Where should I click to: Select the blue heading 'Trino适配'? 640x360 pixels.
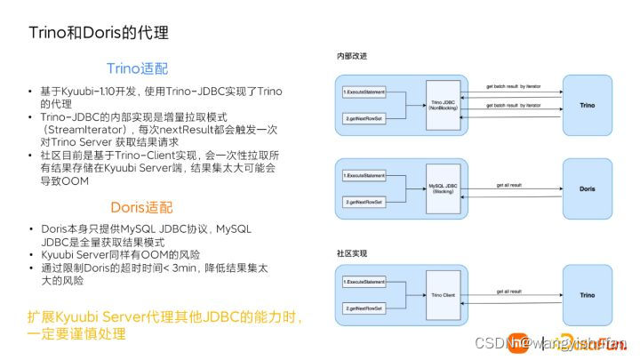pyautogui.click(x=137, y=68)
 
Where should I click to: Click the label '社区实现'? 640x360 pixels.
pyautogui.click(x=352, y=254)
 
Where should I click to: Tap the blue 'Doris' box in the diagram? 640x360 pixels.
pyautogui.click(x=587, y=188)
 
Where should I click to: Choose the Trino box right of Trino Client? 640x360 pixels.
pyautogui.click(x=587, y=293)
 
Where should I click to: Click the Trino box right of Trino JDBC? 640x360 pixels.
pyautogui.click(x=587, y=105)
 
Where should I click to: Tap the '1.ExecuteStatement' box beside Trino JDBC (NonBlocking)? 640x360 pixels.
pyautogui.click(x=364, y=92)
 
